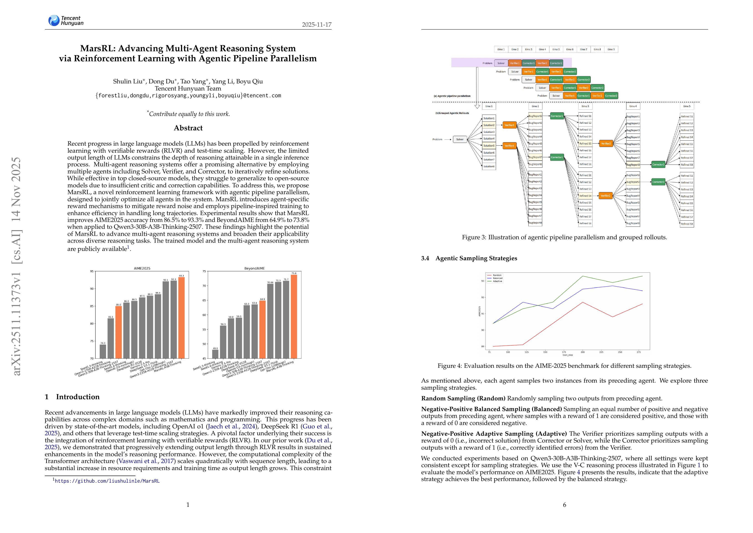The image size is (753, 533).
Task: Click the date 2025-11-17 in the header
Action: coord(316,25)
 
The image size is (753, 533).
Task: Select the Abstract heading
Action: coord(188,128)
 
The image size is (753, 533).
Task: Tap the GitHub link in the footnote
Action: coord(107,481)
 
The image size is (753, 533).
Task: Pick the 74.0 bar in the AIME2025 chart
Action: coord(103,351)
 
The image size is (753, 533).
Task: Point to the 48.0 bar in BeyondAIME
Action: coord(215,354)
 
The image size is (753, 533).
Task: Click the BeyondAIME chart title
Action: coord(254,268)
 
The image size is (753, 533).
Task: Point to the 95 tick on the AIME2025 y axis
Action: coord(92,271)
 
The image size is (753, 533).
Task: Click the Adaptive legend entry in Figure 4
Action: coord(497,281)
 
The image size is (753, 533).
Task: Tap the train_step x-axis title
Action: coord(567,355)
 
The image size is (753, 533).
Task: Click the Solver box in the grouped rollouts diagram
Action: coord(460,139)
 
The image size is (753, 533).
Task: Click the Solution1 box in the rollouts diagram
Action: coord(489,118)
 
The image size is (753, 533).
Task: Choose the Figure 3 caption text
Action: coord(564,237)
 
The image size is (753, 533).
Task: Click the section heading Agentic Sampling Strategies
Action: coord(476,258)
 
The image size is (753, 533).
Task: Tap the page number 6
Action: coord(565,505)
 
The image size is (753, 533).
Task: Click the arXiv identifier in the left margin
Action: coord(16,266)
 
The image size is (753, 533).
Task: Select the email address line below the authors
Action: coord(188,95)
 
